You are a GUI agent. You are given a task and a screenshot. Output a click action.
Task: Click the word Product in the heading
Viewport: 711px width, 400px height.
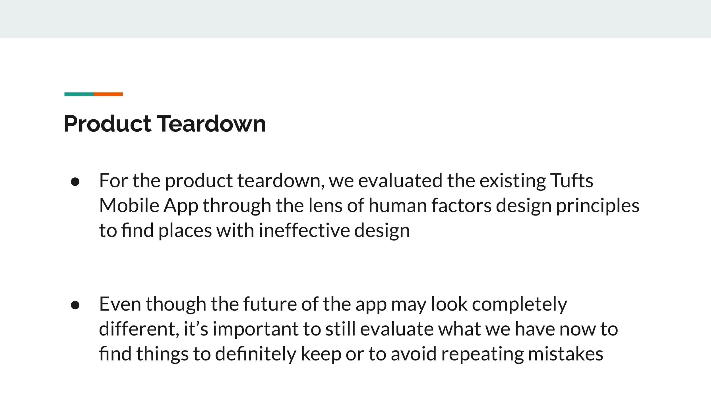[108, 124]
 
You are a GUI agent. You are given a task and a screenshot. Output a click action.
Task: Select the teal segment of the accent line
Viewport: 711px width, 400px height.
[79, 94]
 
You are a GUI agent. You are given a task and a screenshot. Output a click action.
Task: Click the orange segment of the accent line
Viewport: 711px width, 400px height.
[108, 94]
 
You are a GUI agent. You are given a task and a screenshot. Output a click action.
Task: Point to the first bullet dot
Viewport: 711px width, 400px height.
[75, 182]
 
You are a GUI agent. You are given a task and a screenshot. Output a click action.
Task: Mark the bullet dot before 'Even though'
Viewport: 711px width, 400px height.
[75, 305]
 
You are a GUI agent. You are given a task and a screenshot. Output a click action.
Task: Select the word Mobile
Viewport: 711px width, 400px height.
[129, 206]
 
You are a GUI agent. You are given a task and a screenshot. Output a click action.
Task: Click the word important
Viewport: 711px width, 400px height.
[255, 329]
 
